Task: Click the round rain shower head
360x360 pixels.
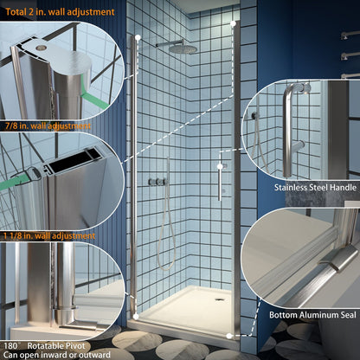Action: pos(183,49)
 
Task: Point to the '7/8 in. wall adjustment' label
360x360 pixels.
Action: pos(48,126)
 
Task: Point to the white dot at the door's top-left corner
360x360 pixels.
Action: pos(136,36)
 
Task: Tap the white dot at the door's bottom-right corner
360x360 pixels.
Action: pos(228,335)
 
